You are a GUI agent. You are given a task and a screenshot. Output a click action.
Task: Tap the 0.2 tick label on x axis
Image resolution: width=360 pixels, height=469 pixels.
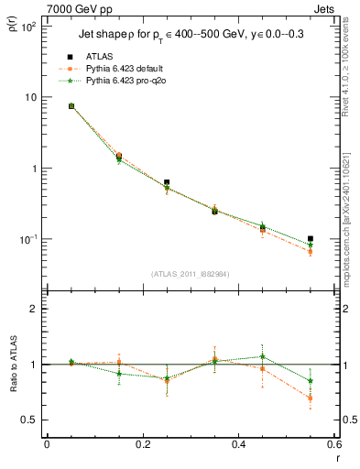point(142,444)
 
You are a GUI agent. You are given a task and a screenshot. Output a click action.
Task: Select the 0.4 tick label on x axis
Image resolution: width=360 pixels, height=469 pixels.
point(238,444)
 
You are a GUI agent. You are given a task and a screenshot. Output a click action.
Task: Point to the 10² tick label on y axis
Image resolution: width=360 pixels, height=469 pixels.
point(28,27)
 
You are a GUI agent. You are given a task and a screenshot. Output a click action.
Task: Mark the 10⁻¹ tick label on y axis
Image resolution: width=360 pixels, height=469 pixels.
point(28,240)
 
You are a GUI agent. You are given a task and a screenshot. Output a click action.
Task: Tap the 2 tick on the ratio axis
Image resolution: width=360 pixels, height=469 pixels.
point(35,310)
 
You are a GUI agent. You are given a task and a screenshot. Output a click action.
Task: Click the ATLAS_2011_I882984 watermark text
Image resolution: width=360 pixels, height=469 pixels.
point(191,274)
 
